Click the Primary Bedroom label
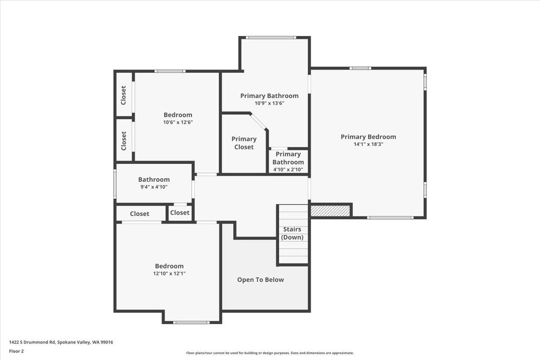point(368,137)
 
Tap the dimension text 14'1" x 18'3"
point(368,144)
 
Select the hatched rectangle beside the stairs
point(330,211)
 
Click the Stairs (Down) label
point(292,234)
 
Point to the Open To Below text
point(261,280)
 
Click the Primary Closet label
point(244,143)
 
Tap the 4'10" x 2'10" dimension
point(288,170)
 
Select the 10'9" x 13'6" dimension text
point(269,103)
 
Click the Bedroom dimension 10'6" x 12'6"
point(178,122)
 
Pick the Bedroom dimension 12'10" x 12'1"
point(169,273)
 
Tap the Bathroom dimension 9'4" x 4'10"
point(154,187)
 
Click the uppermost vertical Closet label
point(124,95)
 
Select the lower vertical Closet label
point(124,141)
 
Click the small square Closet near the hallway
point(180,213)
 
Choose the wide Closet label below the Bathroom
point(139,214)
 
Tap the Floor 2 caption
point(16,351)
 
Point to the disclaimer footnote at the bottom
point(270,353)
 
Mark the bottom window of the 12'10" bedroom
point(191,322)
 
